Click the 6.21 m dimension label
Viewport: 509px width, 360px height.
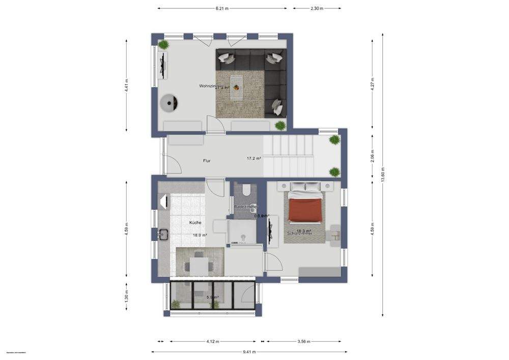pos(222,8)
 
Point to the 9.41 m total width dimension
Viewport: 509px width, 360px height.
pos(249,352)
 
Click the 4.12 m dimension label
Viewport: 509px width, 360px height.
pos(212,341)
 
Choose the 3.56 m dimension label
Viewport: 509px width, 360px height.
pos(304,341)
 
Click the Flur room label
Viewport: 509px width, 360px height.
pos(207,161)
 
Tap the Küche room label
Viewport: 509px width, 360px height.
pos(195,223)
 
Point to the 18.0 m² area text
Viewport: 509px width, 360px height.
pos(200,235)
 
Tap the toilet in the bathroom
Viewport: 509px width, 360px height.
pos(246,190)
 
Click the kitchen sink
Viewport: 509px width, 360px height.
pos(164,234)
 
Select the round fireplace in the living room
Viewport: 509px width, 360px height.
pos(168,103)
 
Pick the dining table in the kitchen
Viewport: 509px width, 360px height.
pos(199,264)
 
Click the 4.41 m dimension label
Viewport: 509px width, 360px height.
pos(127,85)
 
